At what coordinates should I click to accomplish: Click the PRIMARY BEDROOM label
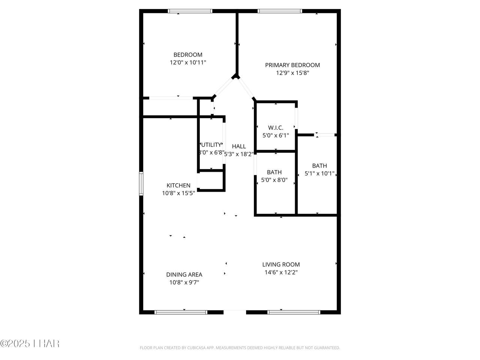292,65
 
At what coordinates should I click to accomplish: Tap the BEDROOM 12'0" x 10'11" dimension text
188,63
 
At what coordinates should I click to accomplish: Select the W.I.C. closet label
276,127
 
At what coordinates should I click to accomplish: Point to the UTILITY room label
211,145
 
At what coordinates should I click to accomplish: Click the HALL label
239,146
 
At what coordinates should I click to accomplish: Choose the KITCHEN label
178,185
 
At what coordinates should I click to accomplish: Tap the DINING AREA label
184,274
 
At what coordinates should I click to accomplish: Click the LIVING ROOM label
281,264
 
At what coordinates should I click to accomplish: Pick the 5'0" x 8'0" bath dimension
274,180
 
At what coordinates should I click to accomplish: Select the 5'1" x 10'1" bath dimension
319,174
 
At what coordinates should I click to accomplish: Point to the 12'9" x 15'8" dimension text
292,73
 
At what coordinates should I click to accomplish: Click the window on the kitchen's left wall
141,183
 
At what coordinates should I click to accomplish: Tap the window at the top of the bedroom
190,11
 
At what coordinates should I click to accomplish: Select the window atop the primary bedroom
280,11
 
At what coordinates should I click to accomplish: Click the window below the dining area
181,312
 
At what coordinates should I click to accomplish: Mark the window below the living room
294,312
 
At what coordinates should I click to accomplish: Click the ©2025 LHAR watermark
30,343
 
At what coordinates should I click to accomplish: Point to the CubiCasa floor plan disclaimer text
240,348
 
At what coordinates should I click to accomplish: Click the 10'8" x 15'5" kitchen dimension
178,193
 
